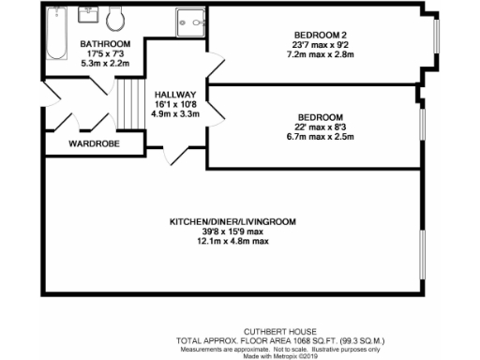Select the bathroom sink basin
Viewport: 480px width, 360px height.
point(91,16)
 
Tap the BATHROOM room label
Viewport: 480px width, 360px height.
point(105,44)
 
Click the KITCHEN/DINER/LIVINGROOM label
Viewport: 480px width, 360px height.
point(232,222)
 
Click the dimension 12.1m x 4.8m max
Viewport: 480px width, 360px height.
point(232,242)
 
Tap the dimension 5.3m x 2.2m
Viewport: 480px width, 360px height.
point(105,64)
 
